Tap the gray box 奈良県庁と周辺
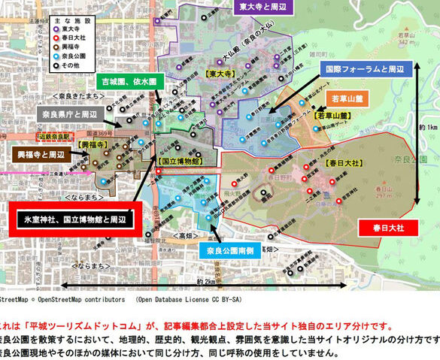coord(74,113)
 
